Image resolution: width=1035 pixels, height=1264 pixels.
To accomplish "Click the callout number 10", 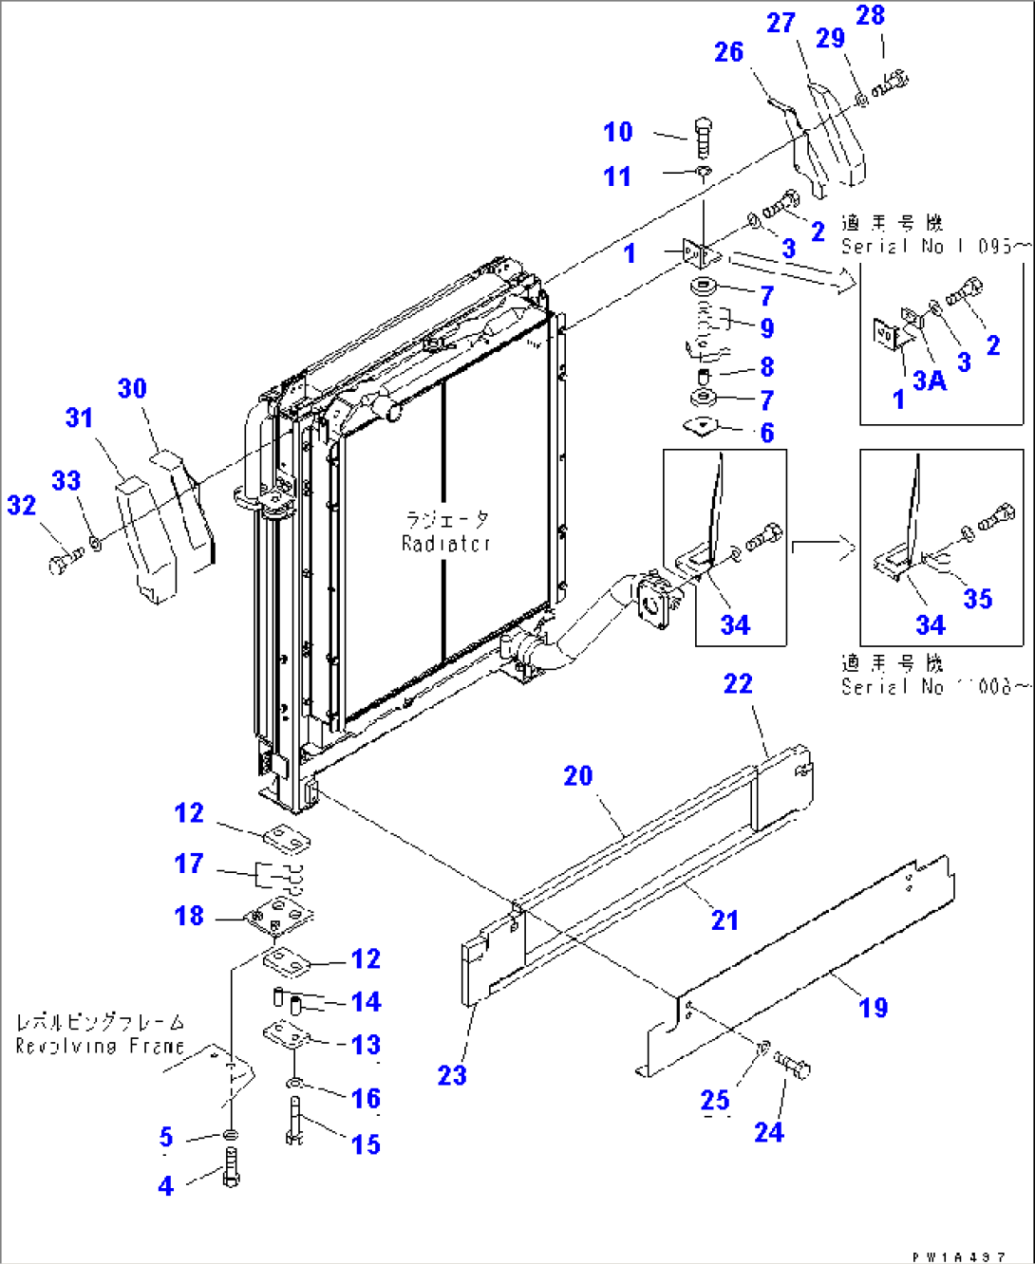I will tap(618, 132).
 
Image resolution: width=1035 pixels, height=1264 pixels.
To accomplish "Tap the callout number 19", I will tap(874, 1008).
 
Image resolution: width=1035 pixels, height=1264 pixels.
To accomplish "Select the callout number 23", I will tap(452, 1075).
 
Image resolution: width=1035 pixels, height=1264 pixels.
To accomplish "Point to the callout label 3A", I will tap(930, 381).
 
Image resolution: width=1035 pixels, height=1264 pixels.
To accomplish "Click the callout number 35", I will tap(978, 599).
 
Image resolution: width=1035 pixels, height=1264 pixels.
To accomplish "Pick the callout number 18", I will tap(189, 916).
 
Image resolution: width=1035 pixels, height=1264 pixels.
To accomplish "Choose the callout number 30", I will tap(132, 388).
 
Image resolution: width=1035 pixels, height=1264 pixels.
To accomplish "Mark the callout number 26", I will tap(728, 52).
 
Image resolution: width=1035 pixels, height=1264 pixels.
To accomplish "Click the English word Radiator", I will tap(445, 544).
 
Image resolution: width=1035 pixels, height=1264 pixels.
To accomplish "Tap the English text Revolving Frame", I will tap(100, 1046).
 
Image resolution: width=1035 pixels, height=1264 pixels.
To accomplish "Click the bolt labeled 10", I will tap(703, 137).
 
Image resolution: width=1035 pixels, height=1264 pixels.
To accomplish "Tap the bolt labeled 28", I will tap(892, 84).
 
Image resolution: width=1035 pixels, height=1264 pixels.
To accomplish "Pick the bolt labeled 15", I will tap(293, 1121).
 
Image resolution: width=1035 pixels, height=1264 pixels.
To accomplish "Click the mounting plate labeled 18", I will tap(278, 916).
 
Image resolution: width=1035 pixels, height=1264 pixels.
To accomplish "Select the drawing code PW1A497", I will tap(958, 1256).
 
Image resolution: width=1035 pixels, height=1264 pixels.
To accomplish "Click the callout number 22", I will tap(738, 683).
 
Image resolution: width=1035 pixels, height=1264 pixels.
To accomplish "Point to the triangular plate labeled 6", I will tap(703, 427).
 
